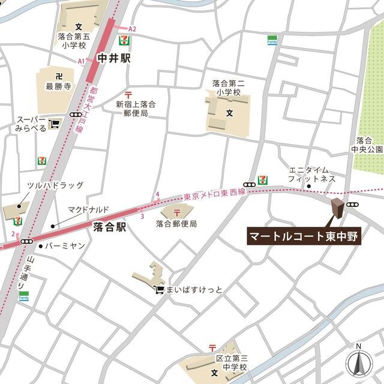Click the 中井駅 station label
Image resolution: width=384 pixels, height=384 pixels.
(x=113, y=59)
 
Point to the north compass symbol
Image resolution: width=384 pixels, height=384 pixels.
(x=358, y=361)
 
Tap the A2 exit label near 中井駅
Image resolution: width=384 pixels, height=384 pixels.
(x=133, y=29)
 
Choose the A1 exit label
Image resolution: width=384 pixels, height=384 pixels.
(x=81, y=61)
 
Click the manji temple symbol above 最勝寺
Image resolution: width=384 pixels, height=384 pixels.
(x=58, y=76)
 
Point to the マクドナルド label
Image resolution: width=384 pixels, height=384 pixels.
(x=88, y=209)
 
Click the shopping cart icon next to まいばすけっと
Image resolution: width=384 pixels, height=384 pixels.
(x=158, y=290)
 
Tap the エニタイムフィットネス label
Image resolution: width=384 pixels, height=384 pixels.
(x=311, y=174)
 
